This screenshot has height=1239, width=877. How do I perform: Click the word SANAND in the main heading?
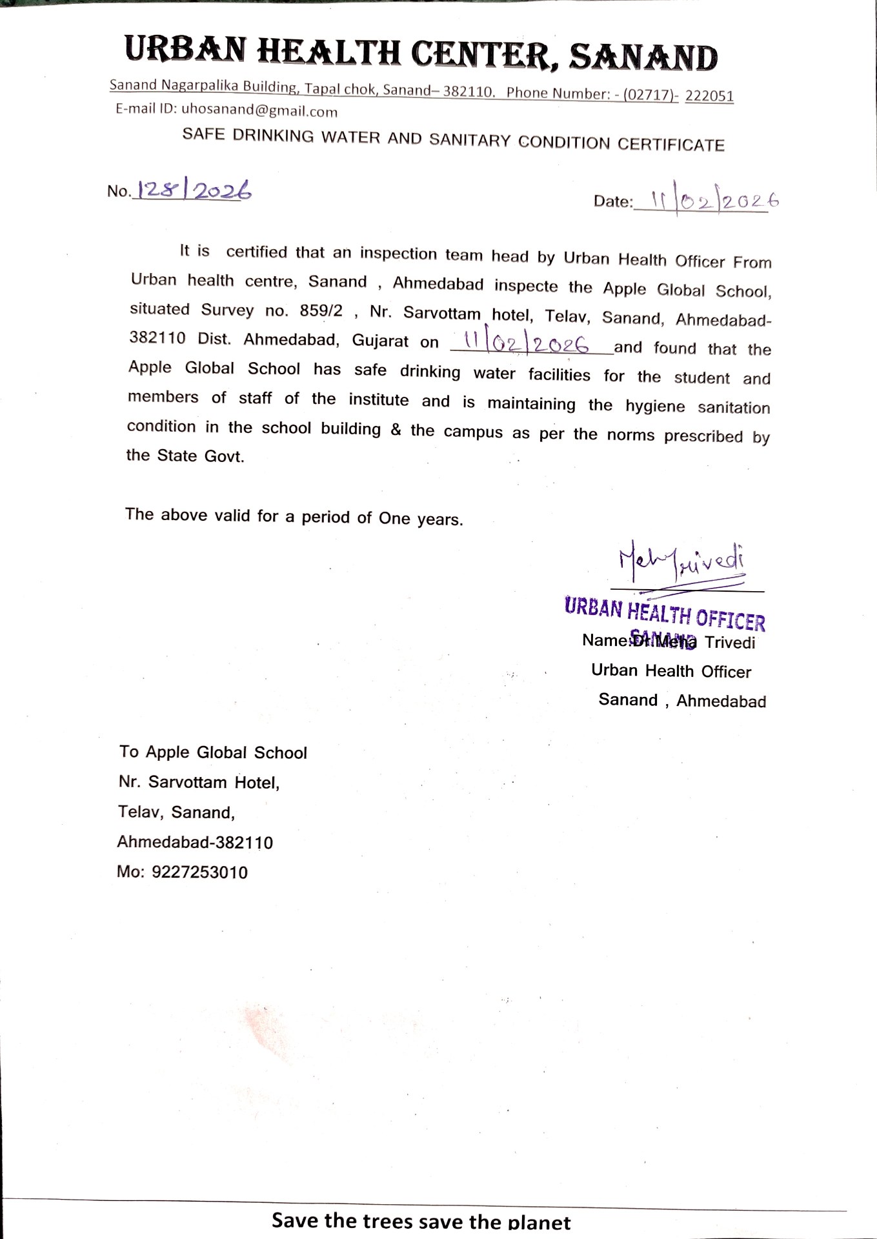coord(643,58)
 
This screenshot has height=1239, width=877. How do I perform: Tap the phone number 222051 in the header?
coord(709,96)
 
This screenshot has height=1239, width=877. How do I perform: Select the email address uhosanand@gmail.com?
coord(259,110)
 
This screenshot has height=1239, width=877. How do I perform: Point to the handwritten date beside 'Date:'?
coord(712,202)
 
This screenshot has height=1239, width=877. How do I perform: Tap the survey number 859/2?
coord(321,311)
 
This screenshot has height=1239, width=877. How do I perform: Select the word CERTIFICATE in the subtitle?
coord(670,145)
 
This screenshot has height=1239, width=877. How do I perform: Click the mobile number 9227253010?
coord(199,872)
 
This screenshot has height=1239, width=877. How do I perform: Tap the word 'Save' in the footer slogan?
coord(295,1220)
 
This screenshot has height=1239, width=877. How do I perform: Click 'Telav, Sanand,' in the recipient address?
coord(176,812)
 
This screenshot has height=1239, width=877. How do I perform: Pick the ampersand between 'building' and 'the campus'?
coord(396,430)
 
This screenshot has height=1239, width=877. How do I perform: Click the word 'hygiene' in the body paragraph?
coord(655,406)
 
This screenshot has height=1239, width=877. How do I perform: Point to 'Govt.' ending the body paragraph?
coord(224,456)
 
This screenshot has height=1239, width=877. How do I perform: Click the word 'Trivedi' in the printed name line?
coord(729,643)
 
